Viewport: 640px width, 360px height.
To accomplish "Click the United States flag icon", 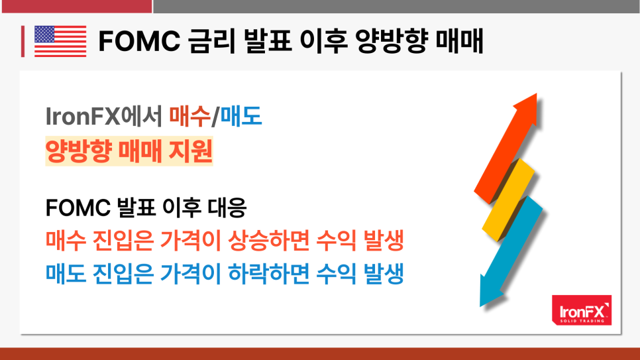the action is [60, 41].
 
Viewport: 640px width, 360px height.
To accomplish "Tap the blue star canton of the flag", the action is [44, 34].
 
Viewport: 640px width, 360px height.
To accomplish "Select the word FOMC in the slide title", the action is [139, 41].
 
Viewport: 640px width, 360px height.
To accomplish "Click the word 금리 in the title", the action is [211, 41].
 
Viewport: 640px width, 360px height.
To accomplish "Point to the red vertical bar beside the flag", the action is [23, 41].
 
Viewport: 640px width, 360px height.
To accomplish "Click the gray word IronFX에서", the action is [104, 115].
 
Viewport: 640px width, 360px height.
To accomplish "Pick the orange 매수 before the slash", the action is [189, 115].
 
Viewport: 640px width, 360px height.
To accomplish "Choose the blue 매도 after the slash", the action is [240, 115].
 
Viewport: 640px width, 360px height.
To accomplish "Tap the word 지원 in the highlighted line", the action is [191, 150].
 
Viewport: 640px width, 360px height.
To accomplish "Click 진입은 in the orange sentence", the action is [123, 240].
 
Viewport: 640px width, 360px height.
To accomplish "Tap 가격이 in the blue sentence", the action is [191, 273].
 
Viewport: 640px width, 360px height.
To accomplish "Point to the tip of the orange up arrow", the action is [536, 93].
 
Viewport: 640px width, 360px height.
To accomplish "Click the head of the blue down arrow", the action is [492, 292].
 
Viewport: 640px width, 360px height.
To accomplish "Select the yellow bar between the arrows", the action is [508, 200].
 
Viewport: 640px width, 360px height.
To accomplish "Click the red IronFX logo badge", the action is [582, 310].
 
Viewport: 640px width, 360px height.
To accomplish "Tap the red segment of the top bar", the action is [77, 7].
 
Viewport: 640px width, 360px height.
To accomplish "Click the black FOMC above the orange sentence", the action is [78, 207].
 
